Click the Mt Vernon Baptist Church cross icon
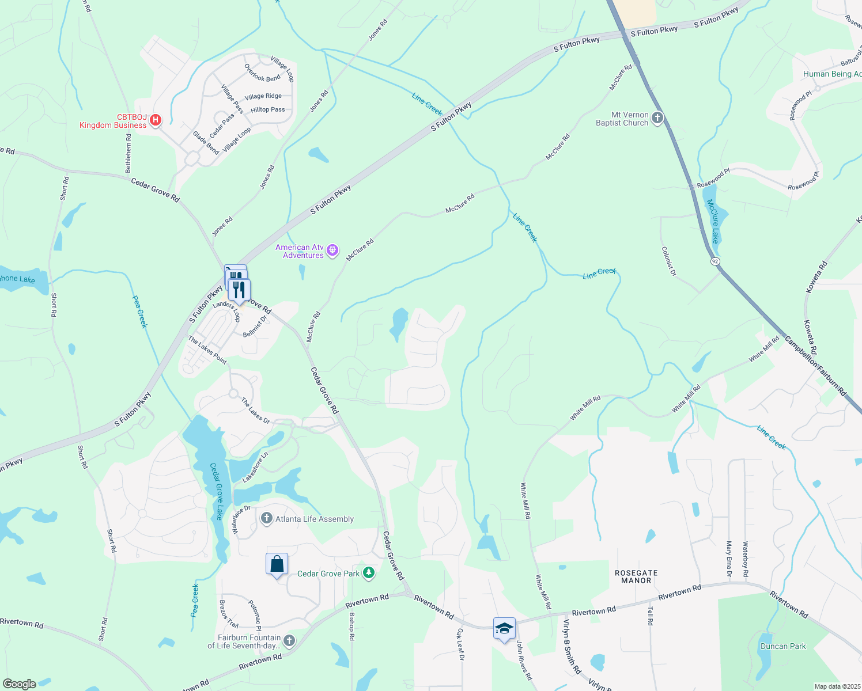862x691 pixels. [x=657, y=119]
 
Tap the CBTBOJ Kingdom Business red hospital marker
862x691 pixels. [x=155, y=120]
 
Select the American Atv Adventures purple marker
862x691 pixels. [x=332, y=250]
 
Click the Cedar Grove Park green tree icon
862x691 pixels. [x=369, y=573]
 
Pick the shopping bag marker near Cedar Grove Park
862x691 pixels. [x=277, y=564]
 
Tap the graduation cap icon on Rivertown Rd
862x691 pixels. [x=504, y=628]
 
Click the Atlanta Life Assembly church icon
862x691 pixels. [x=266, y=519]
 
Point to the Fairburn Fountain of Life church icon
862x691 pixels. [x=289, y=641]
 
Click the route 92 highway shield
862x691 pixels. [x=715, y=261]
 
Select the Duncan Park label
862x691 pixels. [x=783, y=646]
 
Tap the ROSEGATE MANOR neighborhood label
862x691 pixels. [x=636, y=576]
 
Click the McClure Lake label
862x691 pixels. [x=713, y=221]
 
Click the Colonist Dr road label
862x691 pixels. [x=669, y=261]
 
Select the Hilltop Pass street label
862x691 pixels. [x=267, y=109]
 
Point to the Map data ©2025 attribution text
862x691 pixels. [x=837, y=686]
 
